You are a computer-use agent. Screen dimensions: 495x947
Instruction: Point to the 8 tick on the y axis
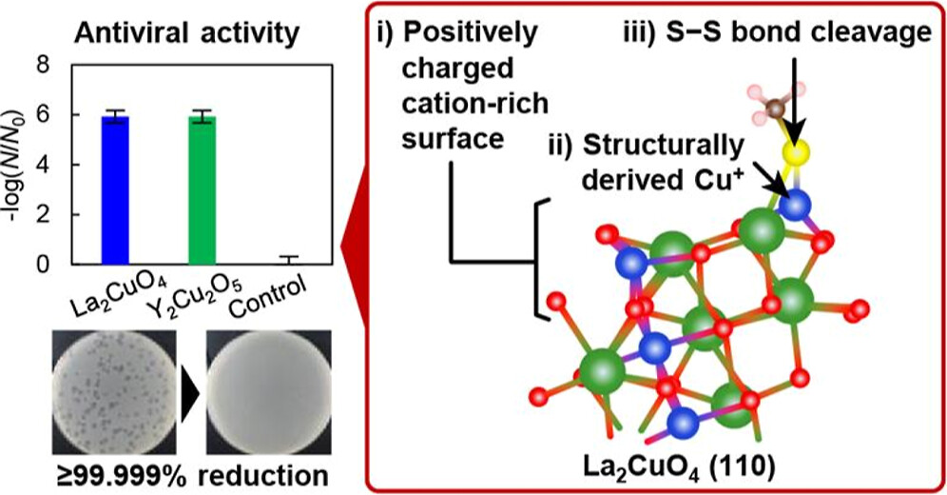coord(66,67)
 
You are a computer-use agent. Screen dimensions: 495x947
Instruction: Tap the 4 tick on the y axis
coord(66,166)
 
